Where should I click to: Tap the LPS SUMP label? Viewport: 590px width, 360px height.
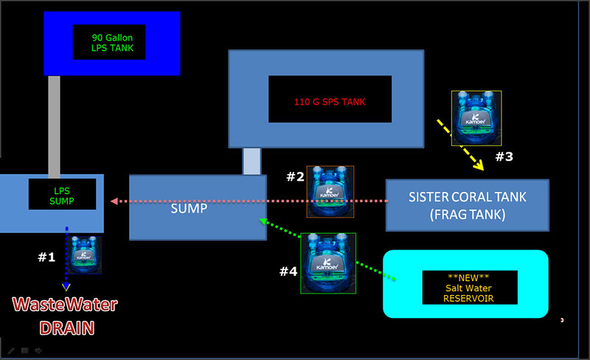[x=62, y=194]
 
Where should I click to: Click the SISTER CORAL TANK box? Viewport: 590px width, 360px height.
[x=468, y=204]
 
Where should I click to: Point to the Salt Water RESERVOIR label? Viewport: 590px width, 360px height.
[x=469, y=287]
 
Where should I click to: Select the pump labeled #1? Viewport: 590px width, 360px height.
[x=86, y=255]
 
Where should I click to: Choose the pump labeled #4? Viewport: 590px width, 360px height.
[x=328, y=263]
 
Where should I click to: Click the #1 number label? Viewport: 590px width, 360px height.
[x=46, y=257]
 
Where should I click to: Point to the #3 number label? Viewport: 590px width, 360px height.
[x=504, y=156]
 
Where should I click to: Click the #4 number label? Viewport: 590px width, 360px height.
[x=288, y=271]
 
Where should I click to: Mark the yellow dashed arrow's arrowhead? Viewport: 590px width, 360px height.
[x=479, y=165]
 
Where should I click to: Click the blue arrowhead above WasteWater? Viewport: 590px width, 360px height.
[x=66, y=285]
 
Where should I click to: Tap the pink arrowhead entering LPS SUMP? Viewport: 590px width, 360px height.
[x=113, y=201]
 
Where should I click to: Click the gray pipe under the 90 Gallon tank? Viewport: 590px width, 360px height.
[x=54, y=125]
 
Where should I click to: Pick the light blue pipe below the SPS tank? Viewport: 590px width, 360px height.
[x=251, y=161]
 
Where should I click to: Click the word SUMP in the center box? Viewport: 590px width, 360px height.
[x=188, y=208]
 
